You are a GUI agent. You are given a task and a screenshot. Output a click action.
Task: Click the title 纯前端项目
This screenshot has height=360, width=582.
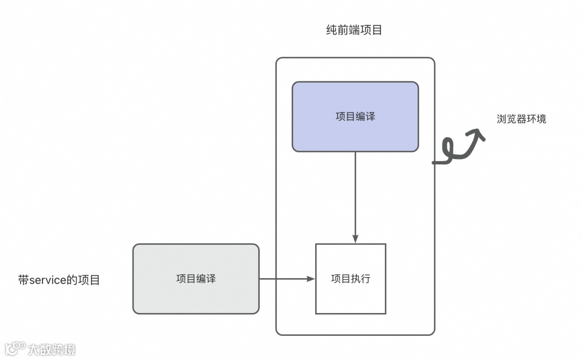354,30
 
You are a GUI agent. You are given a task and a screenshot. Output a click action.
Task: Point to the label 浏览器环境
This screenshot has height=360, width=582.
521,119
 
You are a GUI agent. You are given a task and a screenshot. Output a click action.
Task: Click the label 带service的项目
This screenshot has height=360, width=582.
59,280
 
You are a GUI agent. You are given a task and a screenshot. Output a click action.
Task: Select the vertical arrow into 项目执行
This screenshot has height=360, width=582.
355,194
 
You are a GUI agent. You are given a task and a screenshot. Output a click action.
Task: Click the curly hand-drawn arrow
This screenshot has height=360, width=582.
458,148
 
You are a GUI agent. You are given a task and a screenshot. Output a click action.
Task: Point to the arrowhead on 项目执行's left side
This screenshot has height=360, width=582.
311,279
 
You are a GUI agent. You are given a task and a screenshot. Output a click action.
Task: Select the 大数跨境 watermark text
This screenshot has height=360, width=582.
52,349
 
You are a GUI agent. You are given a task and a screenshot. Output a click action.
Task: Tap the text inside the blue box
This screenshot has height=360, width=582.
355,116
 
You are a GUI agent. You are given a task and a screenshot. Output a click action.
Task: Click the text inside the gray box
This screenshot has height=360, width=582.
196,279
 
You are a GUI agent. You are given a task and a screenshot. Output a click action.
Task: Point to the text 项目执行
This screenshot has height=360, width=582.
350,279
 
